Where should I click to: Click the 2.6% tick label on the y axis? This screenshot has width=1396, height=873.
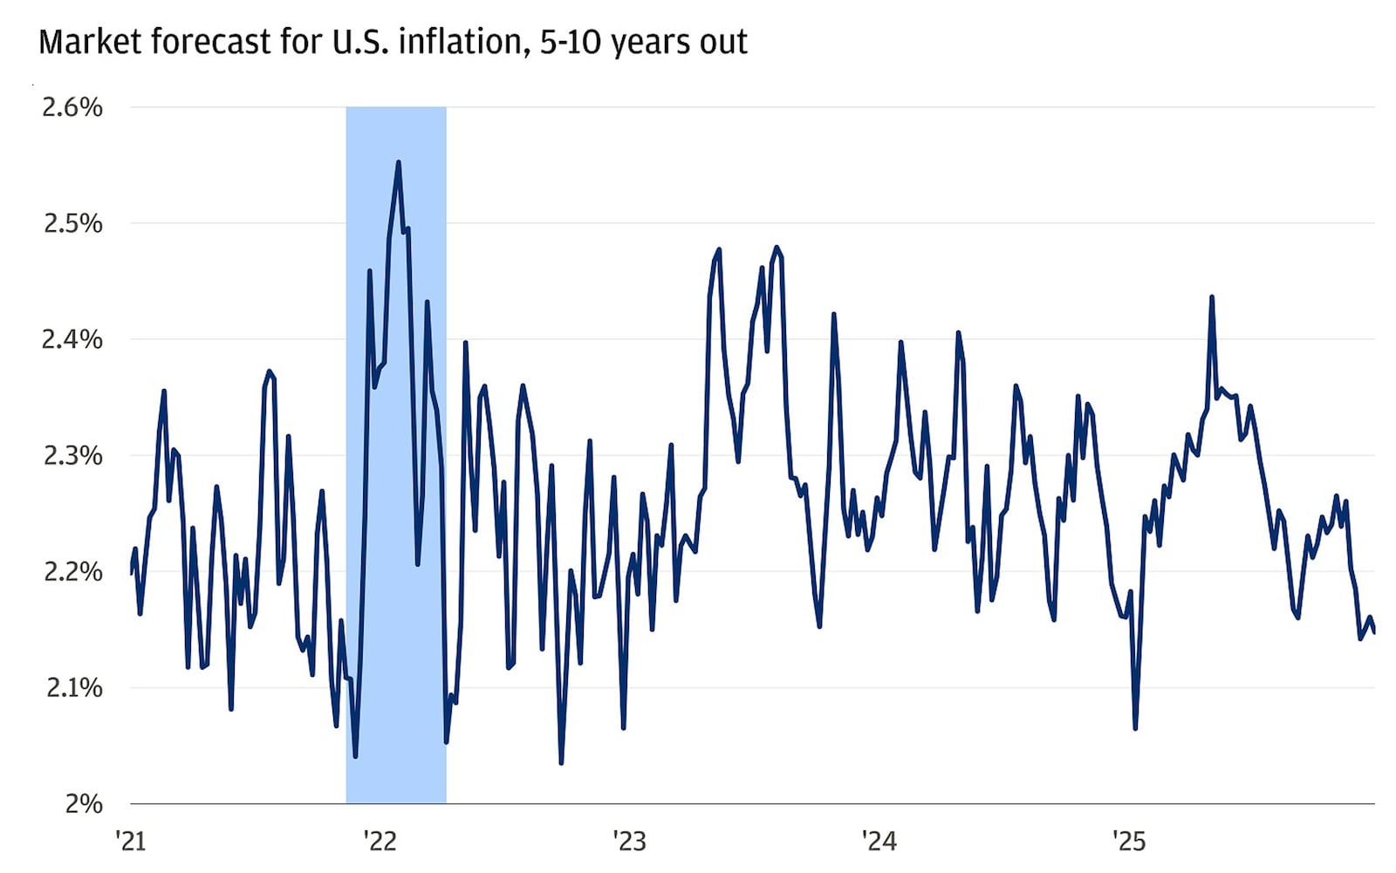click(x=72, y=107)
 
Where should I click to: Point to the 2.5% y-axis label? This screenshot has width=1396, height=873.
click(x=72, y=223)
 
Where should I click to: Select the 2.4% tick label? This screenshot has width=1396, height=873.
click(x=72, y=339)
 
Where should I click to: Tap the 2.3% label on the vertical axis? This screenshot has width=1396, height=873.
click(x=72, y=455)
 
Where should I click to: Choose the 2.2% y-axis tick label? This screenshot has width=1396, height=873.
click(x=72, y=572)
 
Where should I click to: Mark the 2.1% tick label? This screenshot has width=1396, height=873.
click(x=73, y=688)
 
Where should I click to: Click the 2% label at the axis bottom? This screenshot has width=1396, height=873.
click(x=84, y=804)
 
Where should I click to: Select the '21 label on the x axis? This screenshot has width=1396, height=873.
click(x=130, y=842)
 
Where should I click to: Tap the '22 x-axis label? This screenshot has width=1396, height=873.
click(x=380, y=842)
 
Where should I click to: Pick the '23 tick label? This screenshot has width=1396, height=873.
click(x=629, y=842)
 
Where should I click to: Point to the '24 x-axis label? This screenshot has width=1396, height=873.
click(x=879, y=842)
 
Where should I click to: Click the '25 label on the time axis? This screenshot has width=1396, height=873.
click(x=1128, y=842)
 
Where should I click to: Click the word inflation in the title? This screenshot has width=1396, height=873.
click(x=462, y=42)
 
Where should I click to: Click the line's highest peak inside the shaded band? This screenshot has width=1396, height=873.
click(x=398, y=162)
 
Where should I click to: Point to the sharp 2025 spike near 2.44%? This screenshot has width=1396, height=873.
click(x=1212, y=297)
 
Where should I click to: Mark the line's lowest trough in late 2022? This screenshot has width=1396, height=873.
click(x=561, y=763)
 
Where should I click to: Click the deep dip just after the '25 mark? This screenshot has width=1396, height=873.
click(x=1135, y=728)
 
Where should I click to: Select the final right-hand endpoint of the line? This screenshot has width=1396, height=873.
click(x=1374, y=632)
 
